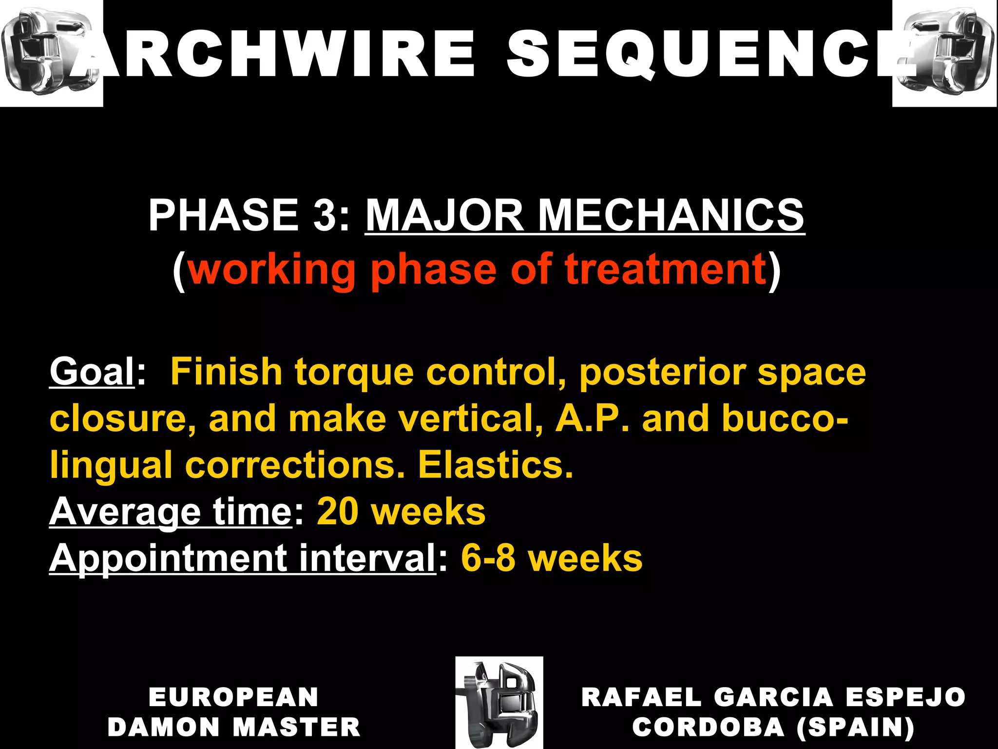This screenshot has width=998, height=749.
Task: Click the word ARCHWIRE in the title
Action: tap(273, 54)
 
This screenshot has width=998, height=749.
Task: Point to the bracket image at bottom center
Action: tap(499, 702)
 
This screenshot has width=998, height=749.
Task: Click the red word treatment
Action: tap(666, 269)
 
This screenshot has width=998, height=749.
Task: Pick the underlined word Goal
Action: tap(92, 372)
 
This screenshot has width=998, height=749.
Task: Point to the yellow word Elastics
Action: tap(495, 465)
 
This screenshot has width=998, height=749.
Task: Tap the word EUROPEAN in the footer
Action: tap(233, 697)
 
